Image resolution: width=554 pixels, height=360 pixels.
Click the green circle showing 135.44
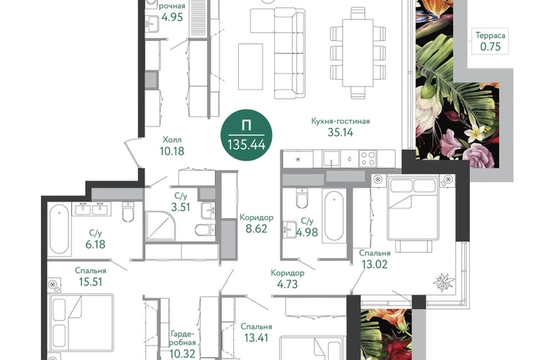(246, 135)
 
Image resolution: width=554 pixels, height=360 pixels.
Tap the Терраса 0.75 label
(490, 41)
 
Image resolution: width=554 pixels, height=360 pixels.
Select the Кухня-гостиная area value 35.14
(340, 132)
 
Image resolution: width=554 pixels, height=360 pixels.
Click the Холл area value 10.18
(172, 151)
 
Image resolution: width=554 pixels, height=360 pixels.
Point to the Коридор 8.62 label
(257, 223)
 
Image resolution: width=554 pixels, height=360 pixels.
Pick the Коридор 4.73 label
(287, 279)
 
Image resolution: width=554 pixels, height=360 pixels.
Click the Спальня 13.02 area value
(375, 264)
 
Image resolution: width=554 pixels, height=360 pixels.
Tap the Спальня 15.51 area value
(91, 282)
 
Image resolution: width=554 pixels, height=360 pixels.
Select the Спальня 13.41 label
(256, 333)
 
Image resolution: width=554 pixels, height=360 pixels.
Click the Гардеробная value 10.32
(182, 354)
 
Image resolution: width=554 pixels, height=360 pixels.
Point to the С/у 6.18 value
(95, 244)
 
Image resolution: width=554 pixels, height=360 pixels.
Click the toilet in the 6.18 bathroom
(128, 212)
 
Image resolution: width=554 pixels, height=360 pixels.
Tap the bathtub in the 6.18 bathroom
(59, 229)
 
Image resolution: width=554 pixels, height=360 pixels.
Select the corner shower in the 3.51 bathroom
(160, 226)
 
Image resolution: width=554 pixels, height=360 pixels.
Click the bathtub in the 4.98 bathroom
(334, 217)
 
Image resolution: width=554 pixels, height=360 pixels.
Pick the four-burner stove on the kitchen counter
(368, 158)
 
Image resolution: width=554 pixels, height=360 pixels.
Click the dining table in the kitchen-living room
(358, 53)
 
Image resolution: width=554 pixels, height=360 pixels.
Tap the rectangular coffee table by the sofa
(250, 67)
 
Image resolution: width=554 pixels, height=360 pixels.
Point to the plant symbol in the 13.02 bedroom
(443, 282)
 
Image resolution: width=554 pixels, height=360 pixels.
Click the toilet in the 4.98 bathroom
(302, 199)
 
